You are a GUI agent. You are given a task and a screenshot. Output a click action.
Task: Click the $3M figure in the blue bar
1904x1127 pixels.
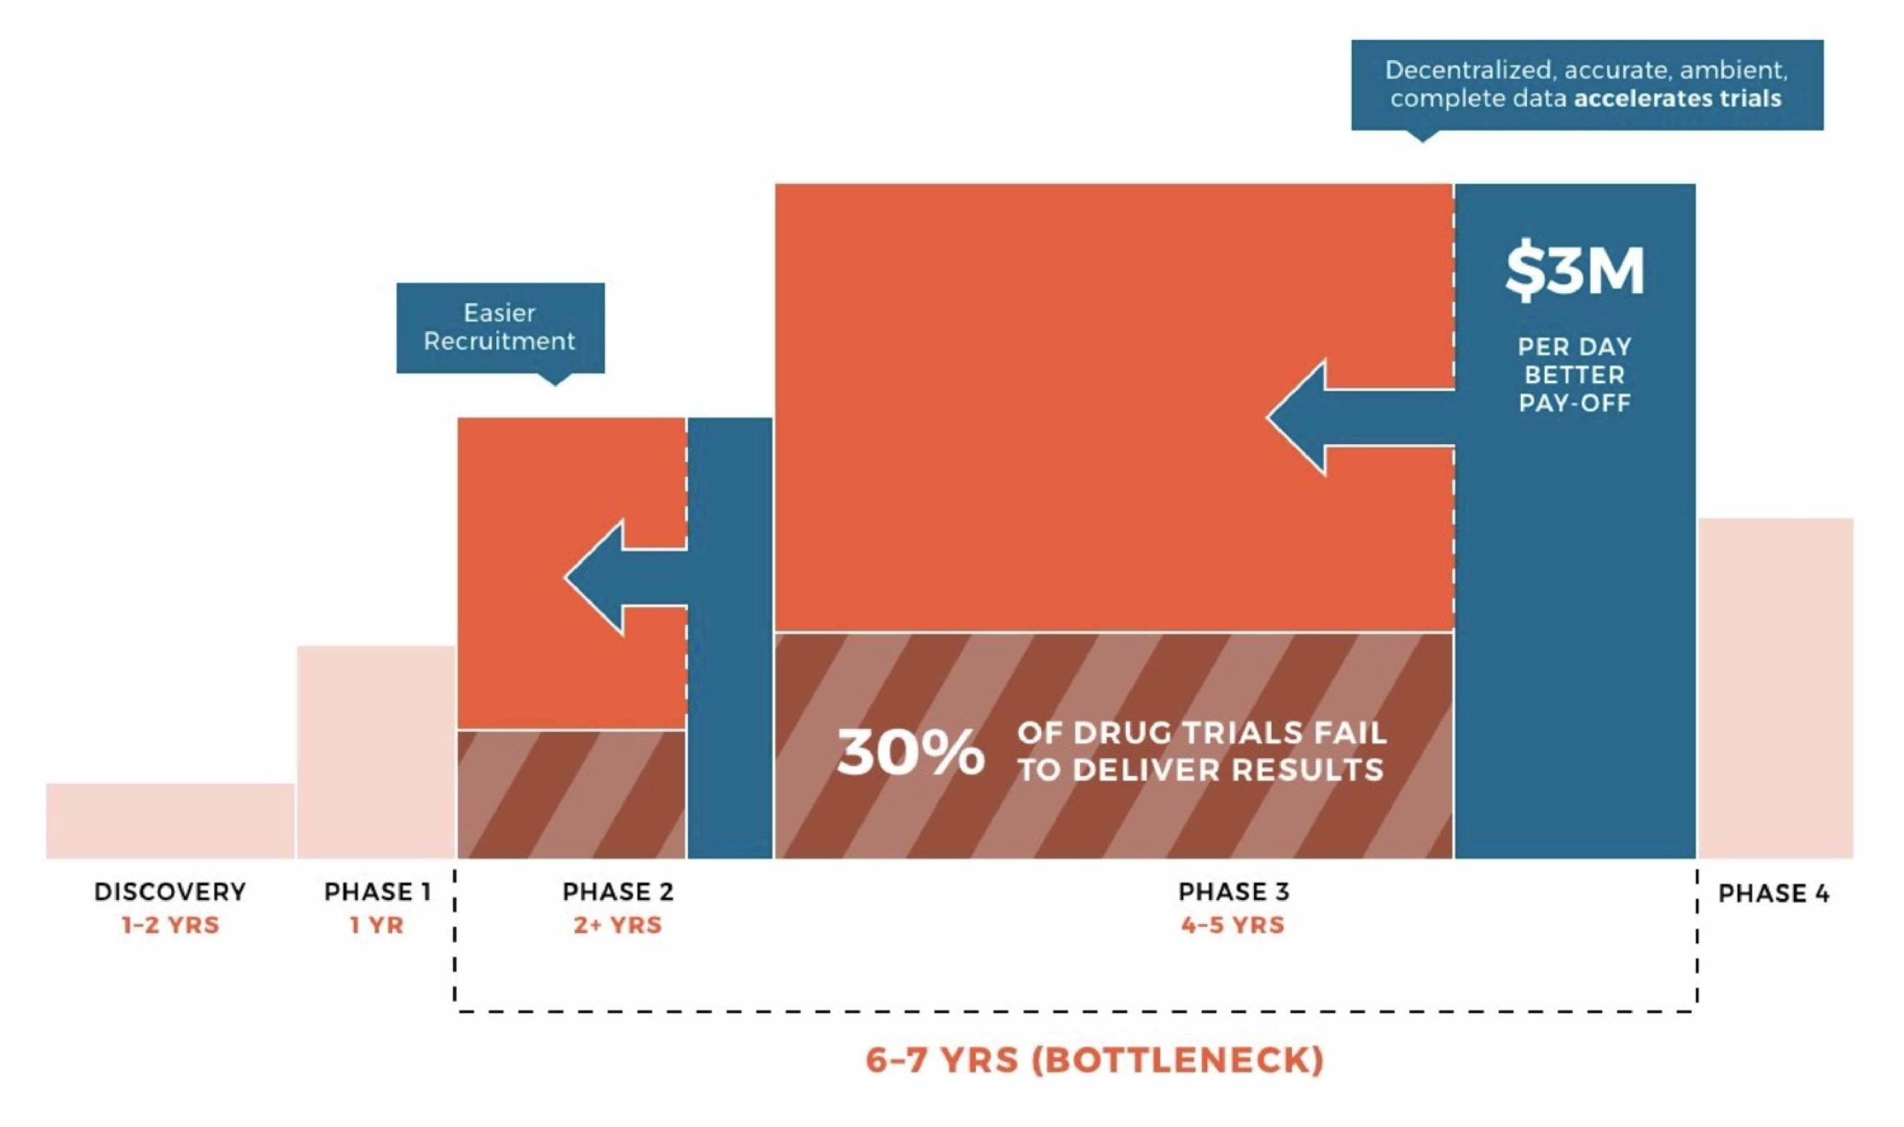[1575, 271]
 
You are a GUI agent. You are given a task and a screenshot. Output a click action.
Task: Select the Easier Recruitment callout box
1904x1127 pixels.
[501, 329]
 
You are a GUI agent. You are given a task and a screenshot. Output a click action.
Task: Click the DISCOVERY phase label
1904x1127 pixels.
[170, 892]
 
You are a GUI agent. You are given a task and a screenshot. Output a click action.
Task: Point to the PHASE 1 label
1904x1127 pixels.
[377, 892]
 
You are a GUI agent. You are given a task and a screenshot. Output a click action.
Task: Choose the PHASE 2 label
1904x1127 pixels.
[618, 892]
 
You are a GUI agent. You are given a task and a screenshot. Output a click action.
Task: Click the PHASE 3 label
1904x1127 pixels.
[1234, 892]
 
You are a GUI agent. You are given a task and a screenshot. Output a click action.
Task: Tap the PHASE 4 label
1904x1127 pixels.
[1774, 893]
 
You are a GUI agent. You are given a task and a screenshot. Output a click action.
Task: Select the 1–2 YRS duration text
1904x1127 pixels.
[170, 925]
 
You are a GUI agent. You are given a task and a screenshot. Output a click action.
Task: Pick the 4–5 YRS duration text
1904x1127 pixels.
[1233, 925]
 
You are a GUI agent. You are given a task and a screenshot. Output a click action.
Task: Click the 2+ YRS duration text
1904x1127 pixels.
[618, 925]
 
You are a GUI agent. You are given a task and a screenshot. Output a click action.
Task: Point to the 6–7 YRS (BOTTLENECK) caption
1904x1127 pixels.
[1095, 1059]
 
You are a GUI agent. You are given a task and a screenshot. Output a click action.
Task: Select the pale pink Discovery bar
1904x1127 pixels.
[170, 821]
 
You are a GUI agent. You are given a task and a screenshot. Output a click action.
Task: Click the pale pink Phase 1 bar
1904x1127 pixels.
[376, 753]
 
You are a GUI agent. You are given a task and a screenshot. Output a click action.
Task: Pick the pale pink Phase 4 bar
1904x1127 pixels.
[1775, 689]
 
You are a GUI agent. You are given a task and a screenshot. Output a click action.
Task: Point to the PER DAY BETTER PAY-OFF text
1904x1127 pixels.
[1575, 374]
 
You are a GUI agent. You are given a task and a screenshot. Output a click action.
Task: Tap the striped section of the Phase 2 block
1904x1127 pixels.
[572, 795]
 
